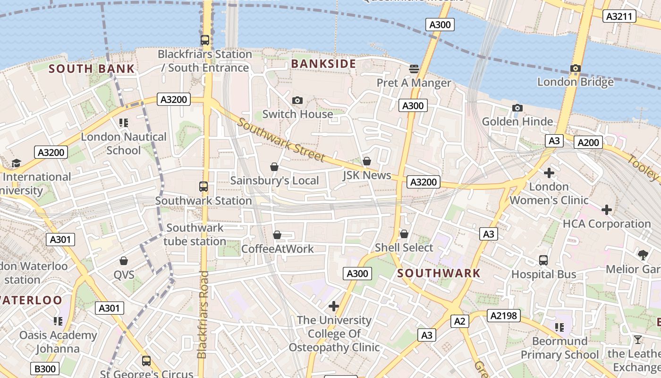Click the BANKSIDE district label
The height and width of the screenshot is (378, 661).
click(323, 64)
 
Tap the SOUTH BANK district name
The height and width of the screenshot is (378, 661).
click(92, 69)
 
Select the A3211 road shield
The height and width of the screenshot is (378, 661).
click(619, 16)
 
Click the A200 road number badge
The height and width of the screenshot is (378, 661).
click(588, 142)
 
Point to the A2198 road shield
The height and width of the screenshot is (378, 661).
click(504, 316)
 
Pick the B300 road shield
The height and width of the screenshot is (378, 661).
click(45, 369)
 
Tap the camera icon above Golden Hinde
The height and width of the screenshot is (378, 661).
click(517, 108)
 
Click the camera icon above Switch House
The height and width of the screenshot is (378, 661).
click(297, 100)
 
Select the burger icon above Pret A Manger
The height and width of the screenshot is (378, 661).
click(414, 69)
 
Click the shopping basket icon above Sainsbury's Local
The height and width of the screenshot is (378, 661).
click(274, 167)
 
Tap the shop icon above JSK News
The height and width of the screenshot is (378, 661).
click(367, 162)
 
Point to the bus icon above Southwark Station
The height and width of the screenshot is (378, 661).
click(203, 187)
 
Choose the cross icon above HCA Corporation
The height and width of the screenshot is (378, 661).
click(607, 210)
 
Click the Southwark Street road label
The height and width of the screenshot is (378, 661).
click(281, 140)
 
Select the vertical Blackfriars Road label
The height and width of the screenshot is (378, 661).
click(203, 314)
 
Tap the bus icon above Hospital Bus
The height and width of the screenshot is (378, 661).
click(543, 260)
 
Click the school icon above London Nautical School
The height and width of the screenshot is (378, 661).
click(124, 123)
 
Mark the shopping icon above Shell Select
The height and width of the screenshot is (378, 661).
click(404, 234)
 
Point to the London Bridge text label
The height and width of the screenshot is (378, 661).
click(576, 82)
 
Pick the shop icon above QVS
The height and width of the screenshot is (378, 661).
click(124, 261)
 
